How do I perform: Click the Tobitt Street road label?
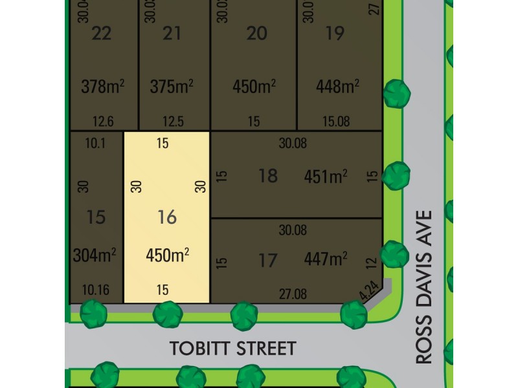click(232, 349)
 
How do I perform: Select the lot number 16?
click(167, 217)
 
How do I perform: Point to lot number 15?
click(95, 217)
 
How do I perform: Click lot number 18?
click(268, 175)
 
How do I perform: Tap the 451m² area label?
click(326, 175)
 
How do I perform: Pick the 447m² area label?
click(326, 259)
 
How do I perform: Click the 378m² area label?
click(102, 85)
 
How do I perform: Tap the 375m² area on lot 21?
click(172, 85)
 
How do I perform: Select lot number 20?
click(257, 33)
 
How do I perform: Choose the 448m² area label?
click(337, 85)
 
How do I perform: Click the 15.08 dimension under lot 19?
click(335, 121)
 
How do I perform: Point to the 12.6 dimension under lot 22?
click(103, 121)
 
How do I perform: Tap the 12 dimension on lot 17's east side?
click(371, 263)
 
